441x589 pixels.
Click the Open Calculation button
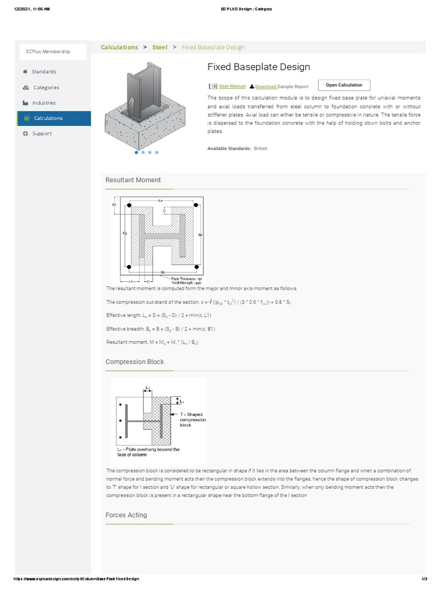coord(344,85)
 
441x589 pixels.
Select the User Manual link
coord(232,86)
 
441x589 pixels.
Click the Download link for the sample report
coord(266,87)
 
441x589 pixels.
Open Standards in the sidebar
coord(44,72)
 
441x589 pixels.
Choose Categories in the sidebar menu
coord(46,87)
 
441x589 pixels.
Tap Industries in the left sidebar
coord(44,103)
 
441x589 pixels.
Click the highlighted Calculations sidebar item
coord(48,118)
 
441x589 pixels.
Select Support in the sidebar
coord(42,133)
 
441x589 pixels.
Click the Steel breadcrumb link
coord(160,47)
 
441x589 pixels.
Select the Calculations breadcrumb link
coord(119,47)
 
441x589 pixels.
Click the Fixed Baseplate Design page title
coord(258,67)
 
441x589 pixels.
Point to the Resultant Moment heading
coord(133,180)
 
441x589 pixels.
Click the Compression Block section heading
coord(135,362)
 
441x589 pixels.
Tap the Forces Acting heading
coord(126,515)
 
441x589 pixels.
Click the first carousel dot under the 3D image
coord(136,152)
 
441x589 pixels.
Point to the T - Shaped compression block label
coord(192,419)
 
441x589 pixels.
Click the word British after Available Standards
coord(261,148)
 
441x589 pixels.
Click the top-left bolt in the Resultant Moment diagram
coord(130,205)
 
